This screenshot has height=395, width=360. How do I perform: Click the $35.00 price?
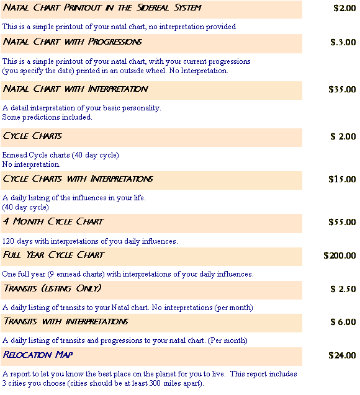pyautogui.click(x=342, y=89)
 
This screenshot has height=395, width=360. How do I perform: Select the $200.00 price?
pyautogui.click(x=340, y=255)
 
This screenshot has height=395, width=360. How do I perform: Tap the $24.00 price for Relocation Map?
pyautogui.click(x=342, y=355)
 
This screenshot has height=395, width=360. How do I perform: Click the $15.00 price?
pyautogui.click(x=342, y=179)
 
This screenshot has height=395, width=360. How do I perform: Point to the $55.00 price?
pyautogui.click(x=342, y=222)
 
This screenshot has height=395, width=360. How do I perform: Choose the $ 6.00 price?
pyautogui.click(x=343, y=322)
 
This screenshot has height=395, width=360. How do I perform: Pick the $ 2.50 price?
pyautogui.click(x=343, y=289)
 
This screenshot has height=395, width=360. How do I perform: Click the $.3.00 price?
pyautogui.click(x=343, y=42)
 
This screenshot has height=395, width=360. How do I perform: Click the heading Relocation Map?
pyautogui.click(x=38, y=355)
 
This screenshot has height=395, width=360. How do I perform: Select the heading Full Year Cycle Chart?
pyautogui.click(x=53, y=255)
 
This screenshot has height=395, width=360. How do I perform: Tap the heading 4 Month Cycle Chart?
pyautogui.click(x=53, y=221)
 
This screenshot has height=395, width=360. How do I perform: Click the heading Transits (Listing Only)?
pyautogui.click(x=53, y=288)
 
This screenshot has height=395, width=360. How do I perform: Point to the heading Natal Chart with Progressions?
pyautogui.click(x=73, y=42)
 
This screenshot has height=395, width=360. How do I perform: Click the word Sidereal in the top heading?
pyautogui.click(x=153, y=7)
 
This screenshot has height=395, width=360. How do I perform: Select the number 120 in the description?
pyautogui.click(x=8, y=241)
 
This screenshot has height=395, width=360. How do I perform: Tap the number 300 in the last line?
pyautogui.click(x=155, y=383)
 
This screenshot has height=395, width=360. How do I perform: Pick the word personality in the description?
pyautogui.click(x=142, y=108)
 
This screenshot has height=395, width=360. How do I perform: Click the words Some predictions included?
pyautogui.click(x=47, y=117)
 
